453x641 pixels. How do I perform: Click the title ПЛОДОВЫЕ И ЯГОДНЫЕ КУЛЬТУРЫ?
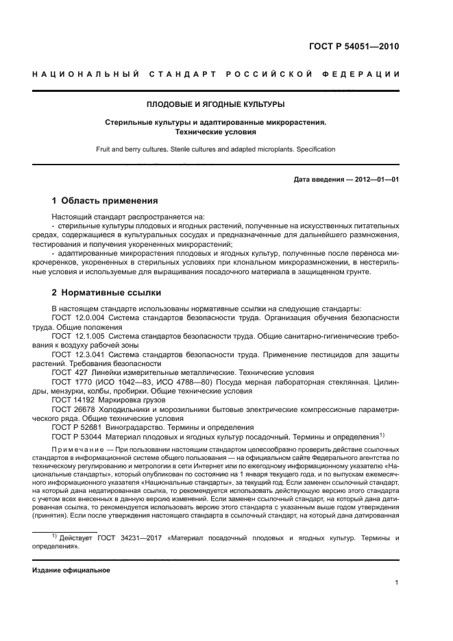coord(216,105)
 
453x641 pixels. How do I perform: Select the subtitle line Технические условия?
coord(216,132)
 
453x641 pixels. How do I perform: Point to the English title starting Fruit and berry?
coord(216,149)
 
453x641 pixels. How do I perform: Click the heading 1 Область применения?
coord(105,201)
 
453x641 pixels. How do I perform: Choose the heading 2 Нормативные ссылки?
coord(106,293)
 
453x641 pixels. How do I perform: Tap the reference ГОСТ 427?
coord(70,372)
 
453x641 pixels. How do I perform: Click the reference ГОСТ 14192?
coord(73,398)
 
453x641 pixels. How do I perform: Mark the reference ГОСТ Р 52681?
coord(77,426)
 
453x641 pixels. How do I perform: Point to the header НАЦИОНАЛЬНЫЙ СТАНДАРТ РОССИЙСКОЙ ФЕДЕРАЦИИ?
coord(216,74)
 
